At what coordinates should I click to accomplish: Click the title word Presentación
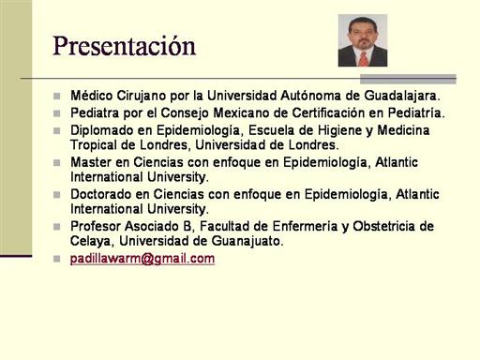[x=124, y=46]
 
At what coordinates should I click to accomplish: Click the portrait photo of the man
[x=363, y=40]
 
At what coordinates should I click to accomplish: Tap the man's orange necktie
[x=363, y=59]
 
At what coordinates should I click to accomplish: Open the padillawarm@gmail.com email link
[x=142, y=259]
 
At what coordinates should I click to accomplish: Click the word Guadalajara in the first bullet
[x=402, y=96]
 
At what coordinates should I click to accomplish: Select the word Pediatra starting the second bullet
[x=95, y=112]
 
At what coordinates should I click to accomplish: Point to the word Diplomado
[x=102, y=130]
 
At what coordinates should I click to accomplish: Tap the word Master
[x=91, y=162]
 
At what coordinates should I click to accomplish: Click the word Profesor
[x=96, y=226]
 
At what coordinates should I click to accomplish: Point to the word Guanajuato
[x=247, y=241]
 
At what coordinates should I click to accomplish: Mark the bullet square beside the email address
[x=57, y=259]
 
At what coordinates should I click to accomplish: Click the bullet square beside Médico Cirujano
[x=57, y=96]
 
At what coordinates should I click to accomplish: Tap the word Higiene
[x=339, y=130]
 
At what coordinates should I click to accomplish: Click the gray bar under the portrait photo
[x=408, y=79]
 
